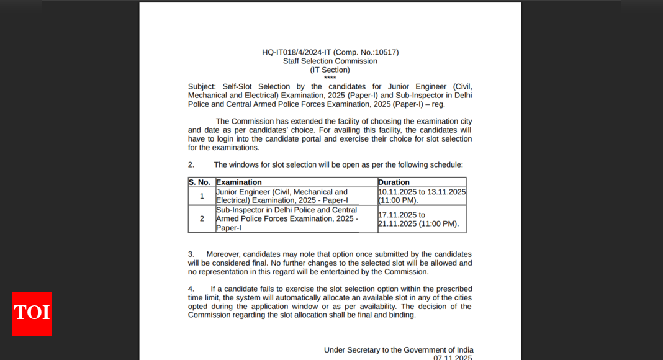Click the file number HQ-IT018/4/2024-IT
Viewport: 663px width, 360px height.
[297, 52]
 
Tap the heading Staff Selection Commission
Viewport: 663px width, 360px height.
[330, 61]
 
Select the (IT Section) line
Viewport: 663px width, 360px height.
[330, 70]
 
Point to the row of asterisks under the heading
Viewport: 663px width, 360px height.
[330, 78]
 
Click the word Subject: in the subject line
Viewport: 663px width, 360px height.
[202, 86]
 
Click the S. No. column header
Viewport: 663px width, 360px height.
[200, 182]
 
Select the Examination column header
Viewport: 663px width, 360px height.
[239, 182]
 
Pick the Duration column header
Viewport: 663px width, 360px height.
[394, 182]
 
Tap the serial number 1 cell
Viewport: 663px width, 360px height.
[202, 196]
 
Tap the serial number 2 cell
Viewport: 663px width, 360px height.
[202, 218]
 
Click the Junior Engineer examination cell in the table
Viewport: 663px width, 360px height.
[282, 196]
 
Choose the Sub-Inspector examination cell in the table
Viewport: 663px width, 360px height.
[287, 218]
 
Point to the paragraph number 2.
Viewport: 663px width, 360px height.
[191, 164]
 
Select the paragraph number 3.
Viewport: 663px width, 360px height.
[191, 254]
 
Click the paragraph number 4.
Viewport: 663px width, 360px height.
[191, 289]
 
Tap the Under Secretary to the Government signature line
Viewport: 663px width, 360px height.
[398, 350]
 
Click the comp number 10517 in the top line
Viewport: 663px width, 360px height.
[385, 52]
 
